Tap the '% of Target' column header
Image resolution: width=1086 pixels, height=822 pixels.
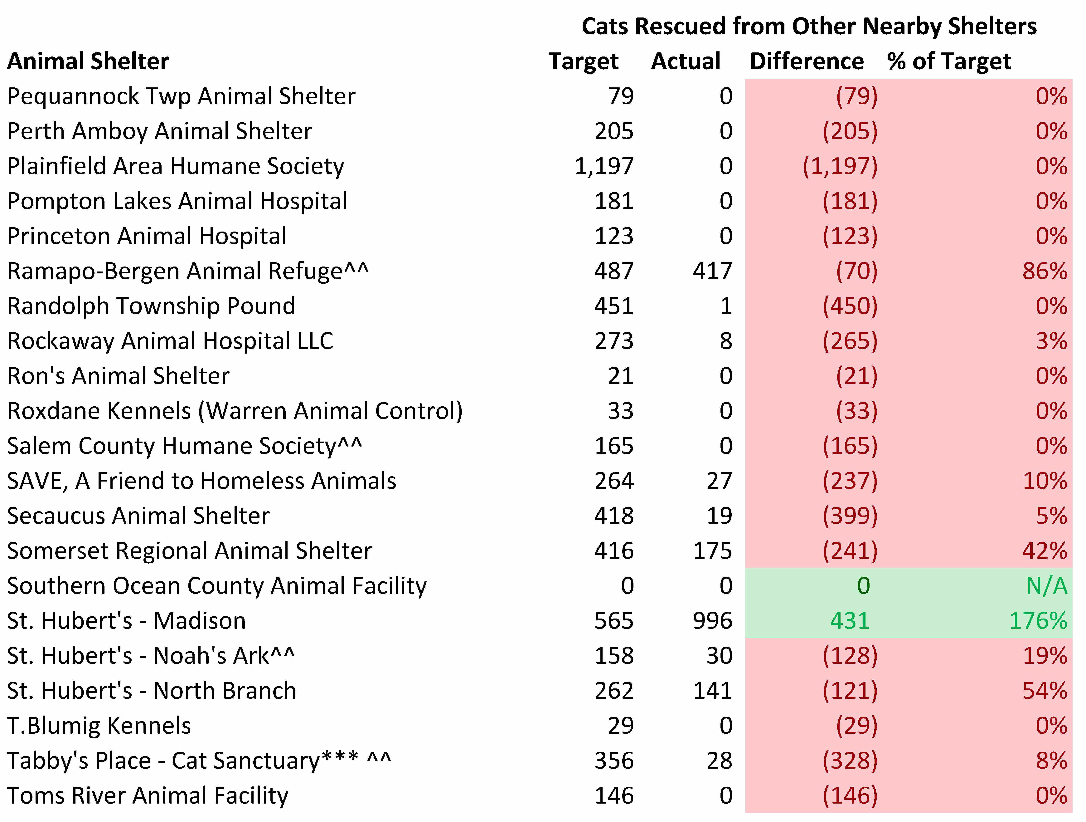[949, 61]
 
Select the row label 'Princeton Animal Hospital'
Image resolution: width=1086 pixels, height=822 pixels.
[147, 236]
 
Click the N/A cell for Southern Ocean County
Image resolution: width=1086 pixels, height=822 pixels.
[1046, 586]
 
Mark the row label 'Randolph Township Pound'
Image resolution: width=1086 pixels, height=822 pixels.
[151, 306]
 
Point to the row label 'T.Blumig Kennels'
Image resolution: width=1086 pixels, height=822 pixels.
[99, 726]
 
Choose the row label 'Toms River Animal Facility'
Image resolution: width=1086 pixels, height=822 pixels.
[148, 795]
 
